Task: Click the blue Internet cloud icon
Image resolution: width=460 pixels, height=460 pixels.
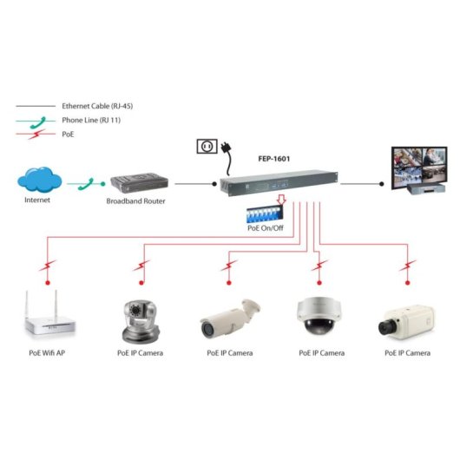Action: point(38,181)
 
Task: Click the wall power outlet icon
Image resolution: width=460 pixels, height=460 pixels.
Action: point(206,148)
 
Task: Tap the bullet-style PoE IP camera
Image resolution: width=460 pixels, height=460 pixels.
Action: point(230,319)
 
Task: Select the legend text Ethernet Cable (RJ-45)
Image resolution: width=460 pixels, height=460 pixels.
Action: point(96,105)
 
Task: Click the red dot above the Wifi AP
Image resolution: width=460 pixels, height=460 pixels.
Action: point(49,284)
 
